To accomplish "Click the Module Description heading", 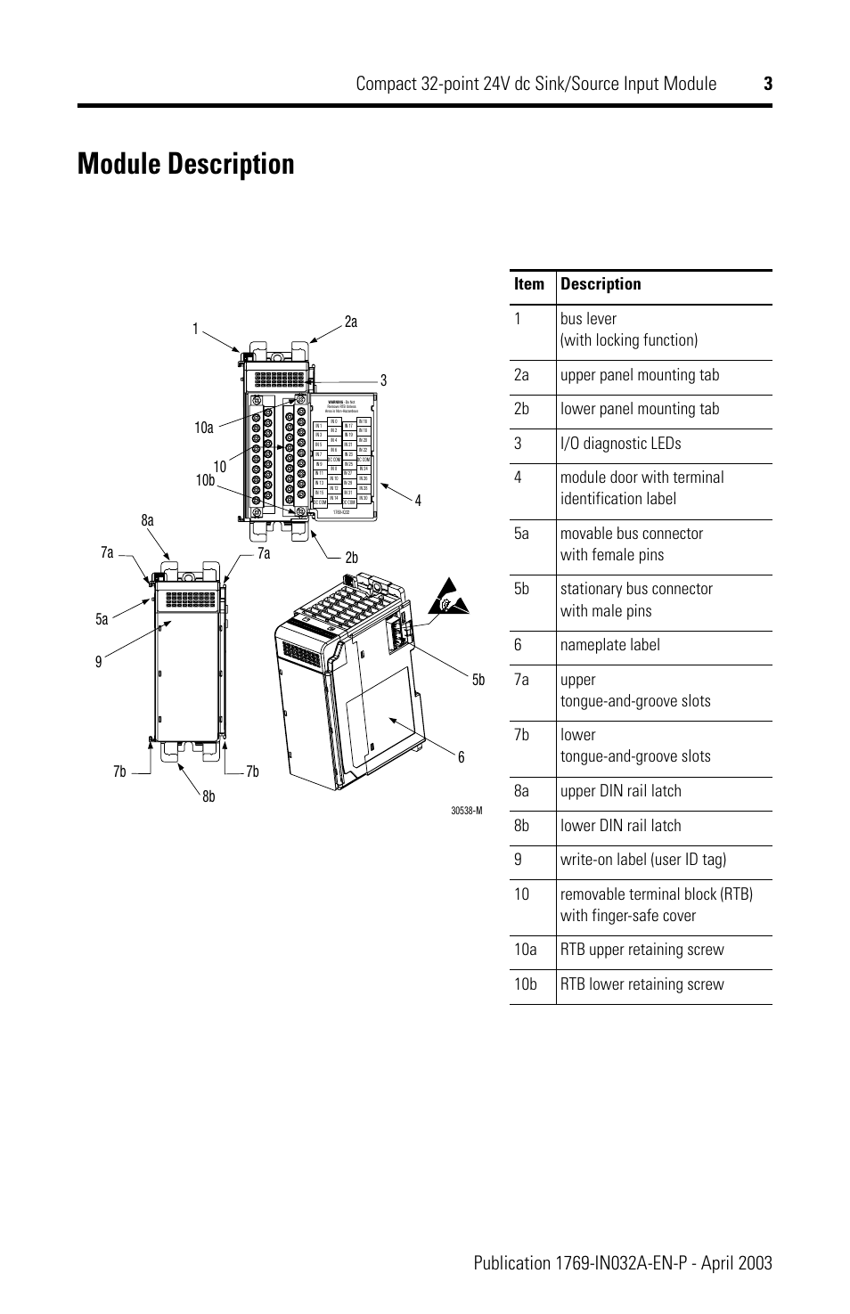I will point(185,165).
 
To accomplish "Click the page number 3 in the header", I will point(766,84).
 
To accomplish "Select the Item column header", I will point(528,284).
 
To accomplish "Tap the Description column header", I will point(601,284).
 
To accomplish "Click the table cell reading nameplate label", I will point(610,645).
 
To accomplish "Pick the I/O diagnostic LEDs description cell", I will point(620,444).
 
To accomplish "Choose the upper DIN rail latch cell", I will point(620,791).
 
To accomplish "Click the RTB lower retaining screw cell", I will point(642,984).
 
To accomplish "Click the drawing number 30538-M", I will point(466,811).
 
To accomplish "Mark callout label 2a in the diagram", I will point(350,322).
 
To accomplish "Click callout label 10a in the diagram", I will point(204,428).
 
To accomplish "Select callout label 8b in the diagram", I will point(208,796).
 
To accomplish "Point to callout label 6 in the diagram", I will point(462,757).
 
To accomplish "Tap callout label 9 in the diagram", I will point(100,662).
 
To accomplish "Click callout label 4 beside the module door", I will point(417,501).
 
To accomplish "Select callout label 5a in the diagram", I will point(102,619).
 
